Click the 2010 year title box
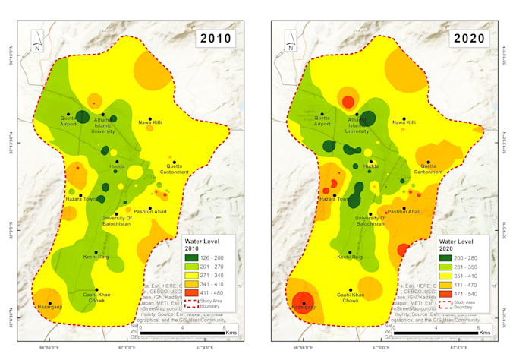[x=216, y=39]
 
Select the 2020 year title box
[x=470, y=39]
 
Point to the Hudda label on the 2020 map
[x=370, y=165]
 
